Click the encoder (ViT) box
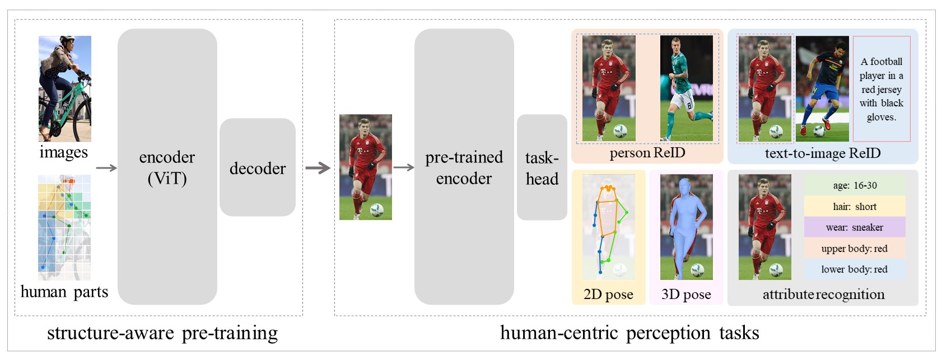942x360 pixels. point(167,167)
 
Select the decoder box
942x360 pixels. point(257,167)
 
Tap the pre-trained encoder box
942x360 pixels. point(464,167)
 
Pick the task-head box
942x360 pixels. point(542,167)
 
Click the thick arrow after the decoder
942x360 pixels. point(318,167)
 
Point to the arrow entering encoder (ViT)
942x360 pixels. point(106,167)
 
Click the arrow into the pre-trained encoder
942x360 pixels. point(403,167)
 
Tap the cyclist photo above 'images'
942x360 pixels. point(64,88)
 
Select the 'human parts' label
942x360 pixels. point(64,292)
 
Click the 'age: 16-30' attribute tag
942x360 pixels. point(855,185)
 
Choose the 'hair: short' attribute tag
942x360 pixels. point(855,207)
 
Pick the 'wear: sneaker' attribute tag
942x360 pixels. point(855,227)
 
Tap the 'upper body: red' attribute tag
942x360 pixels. point(855,249)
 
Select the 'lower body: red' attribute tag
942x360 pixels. point(855,269)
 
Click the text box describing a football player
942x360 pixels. point(882,89)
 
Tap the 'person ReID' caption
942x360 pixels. point(647,153)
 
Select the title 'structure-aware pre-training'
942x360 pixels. point(162,333)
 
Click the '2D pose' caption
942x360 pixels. point(608,294)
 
